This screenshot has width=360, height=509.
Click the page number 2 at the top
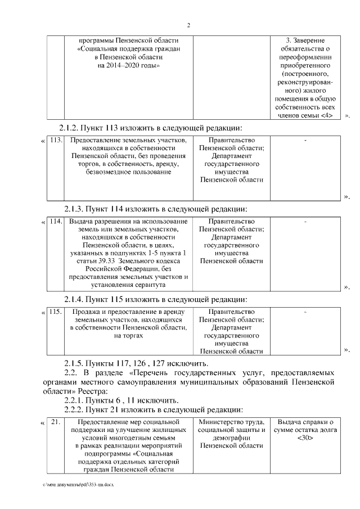click(188, 25)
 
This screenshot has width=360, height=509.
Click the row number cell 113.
click(55, 140)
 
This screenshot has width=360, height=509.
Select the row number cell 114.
click(55, 222)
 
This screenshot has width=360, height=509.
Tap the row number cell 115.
click(55, 312)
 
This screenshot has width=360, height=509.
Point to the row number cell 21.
click(55, 422)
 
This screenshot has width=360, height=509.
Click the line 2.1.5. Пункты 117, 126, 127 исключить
click(138, 364)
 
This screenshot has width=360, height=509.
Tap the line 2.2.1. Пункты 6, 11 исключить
click(121, 400)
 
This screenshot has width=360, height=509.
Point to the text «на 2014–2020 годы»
click(129, 65)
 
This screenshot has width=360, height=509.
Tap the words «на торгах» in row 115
click(129, 335)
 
